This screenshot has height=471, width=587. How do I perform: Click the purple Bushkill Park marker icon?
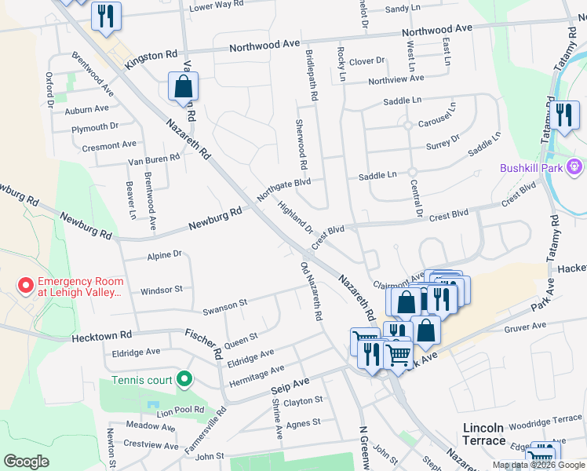pyautogui.click(x=574, y=167)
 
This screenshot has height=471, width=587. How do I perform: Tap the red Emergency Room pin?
pyautogui.click(x=26, y=285)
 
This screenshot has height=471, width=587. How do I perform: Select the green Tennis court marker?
pyautogui.click(x=184, y=380)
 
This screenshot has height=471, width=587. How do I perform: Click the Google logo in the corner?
pyautogui.click(x=26, y=462)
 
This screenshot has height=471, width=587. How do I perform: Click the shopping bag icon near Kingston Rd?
pyautogui.click(x=183, y=86)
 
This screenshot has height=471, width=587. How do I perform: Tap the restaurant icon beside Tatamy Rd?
pyautogui.click(x=563, y=115)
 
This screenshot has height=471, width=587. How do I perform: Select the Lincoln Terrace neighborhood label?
pyautogui.click(x=483, y=434)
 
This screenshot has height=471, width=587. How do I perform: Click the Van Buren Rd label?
pyautogui.click(x=154, y=158)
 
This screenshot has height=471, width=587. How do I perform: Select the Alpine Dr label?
pyautogui.click(x=164, y=255)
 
